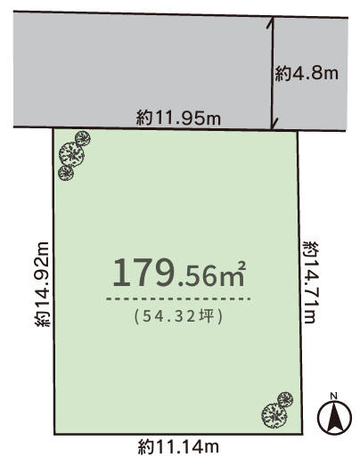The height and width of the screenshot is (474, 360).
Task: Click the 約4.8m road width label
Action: pyautogui.click(x=307, y=73)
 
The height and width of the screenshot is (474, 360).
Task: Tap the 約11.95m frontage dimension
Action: pyautogui.click(x=178, y=118)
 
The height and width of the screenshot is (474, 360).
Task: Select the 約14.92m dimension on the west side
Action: pyautogui.click(x=42, y=284)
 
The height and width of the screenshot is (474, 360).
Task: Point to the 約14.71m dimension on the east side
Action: pyautogui.click(x=310, y=282)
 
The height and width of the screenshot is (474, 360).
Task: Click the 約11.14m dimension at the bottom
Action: pyautogui.click(x=178, y=447)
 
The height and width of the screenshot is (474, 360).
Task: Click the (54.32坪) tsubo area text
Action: pyautogui.click(x=178, y=316)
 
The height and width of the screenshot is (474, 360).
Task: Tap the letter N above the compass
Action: pyautogui.click(x=333, y=396)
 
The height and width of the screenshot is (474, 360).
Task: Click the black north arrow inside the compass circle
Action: pyautogui.click(x=334, y=418)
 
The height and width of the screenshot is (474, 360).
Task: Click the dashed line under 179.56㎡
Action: pyautogui.click(x=178, y=299)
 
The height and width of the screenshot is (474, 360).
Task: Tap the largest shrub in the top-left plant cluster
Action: pyautogui.click(x=71, y=154)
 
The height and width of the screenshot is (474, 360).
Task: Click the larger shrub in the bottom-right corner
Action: pyautogui.click(x=274, y=415)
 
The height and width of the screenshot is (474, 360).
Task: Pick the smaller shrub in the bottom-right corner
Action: pyautogui.click(x=285, y=399)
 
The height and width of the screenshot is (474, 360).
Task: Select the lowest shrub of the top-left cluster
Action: pyautogui.click(x=66, y=173)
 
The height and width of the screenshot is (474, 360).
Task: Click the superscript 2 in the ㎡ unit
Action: pyautogui.click(x=241, y=266)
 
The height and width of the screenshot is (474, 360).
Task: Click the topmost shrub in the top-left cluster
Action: pyautogui.click(x=83, y=138)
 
